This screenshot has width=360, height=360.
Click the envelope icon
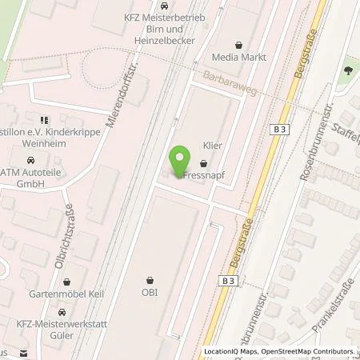tap(24, 353)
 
